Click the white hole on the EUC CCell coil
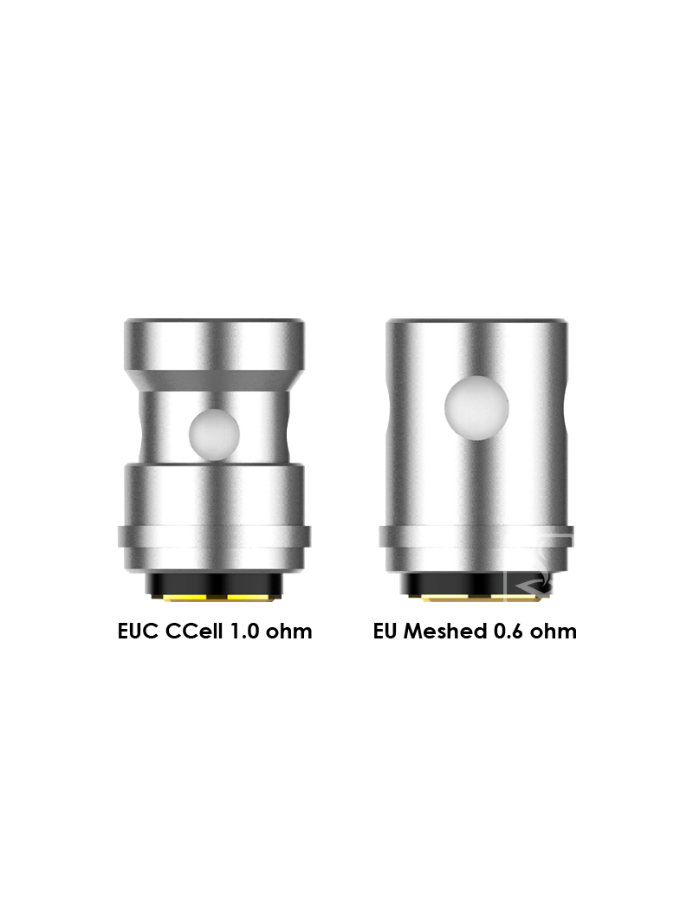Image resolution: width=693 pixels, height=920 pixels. coord(214,434)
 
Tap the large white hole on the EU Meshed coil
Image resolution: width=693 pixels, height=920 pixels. coord(476,408)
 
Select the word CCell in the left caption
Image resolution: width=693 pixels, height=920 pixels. coord(195,632)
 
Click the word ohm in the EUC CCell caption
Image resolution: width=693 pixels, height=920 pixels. coord(288,632)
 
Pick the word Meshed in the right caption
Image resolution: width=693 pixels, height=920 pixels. coord(444,632)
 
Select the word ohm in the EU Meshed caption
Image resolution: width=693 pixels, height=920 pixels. coord(554,632)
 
